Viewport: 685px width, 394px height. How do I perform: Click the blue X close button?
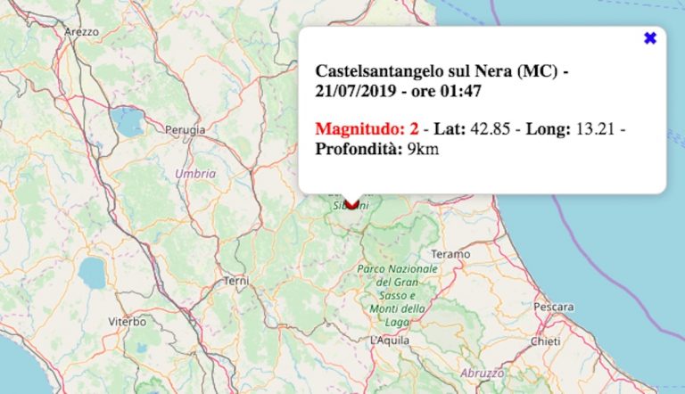(650, 38)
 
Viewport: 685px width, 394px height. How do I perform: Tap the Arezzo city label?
(81, 31)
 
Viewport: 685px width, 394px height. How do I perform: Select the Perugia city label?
(185, 130)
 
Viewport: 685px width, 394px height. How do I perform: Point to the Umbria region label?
(195, 174)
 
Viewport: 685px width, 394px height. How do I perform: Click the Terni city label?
(235, 281)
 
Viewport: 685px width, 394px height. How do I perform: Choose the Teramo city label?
(451, 254)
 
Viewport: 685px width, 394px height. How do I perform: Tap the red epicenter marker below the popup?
(351, 203)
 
